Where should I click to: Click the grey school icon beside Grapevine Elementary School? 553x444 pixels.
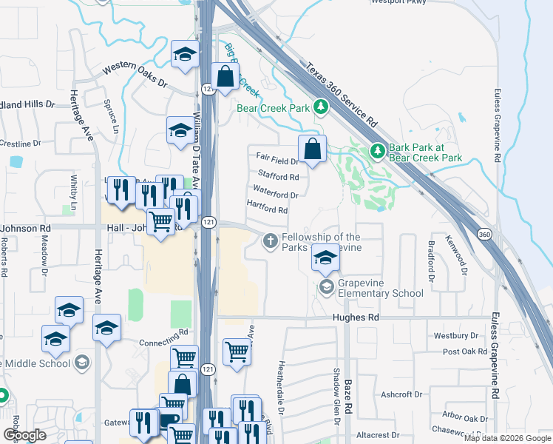point(326,286)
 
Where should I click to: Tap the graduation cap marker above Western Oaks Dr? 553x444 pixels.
point(183,54)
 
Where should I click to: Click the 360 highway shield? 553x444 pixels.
point(484,235)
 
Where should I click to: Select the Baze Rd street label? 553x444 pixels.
point(347,397)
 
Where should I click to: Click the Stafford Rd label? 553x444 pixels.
point(278,176)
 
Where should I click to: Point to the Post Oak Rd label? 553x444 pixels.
point(462,351)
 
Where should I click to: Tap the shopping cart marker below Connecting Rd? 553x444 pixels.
point(184,358)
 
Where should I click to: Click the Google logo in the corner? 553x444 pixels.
point(24,435)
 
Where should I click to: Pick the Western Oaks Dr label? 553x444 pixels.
point(135,75)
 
